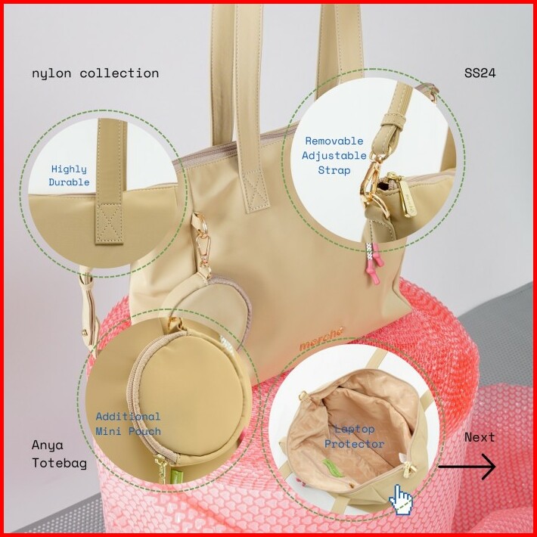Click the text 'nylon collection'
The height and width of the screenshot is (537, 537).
pos(95,73)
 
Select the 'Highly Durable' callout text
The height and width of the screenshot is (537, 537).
pos(69,175)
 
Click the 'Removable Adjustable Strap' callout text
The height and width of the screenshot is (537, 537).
pos(334,156)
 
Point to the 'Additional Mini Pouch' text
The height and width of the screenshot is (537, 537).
pos(128,424)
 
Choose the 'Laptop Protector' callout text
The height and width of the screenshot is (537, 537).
pos(355,436)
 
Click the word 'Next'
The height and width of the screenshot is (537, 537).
pos(480,438)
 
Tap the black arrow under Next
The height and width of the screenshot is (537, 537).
pos(467,466)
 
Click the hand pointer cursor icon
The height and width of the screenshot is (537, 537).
pos(401,500)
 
